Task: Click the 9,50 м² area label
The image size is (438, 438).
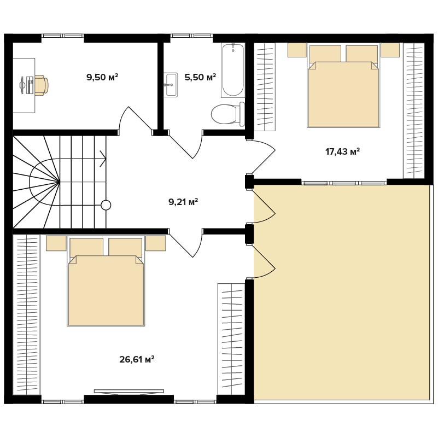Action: point(102,77)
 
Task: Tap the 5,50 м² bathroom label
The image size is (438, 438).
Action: point(200,77)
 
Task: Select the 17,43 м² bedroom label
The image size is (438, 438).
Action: point(342,151)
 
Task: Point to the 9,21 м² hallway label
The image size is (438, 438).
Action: point(183,202)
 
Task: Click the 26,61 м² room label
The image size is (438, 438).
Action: point(137,359)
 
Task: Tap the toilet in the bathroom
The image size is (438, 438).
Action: point(227,114)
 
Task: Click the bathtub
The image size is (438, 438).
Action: point(233,70)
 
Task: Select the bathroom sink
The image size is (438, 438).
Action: point(171,85)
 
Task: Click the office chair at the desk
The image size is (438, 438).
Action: point(40,85)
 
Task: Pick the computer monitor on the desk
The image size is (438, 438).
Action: point(23,85)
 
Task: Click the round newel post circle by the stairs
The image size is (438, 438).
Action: point(106,205)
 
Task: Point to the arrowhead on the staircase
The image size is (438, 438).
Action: point(103,159)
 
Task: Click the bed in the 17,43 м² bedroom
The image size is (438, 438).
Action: point(343,85)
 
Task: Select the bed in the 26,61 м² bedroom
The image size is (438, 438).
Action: point(106,281)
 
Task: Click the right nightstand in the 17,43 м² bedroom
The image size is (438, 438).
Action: point(390,50)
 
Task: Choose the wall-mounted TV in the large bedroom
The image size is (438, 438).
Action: point(129,391)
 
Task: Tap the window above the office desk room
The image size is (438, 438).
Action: point(62,36)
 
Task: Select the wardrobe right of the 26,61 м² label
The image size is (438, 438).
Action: point(231,339)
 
